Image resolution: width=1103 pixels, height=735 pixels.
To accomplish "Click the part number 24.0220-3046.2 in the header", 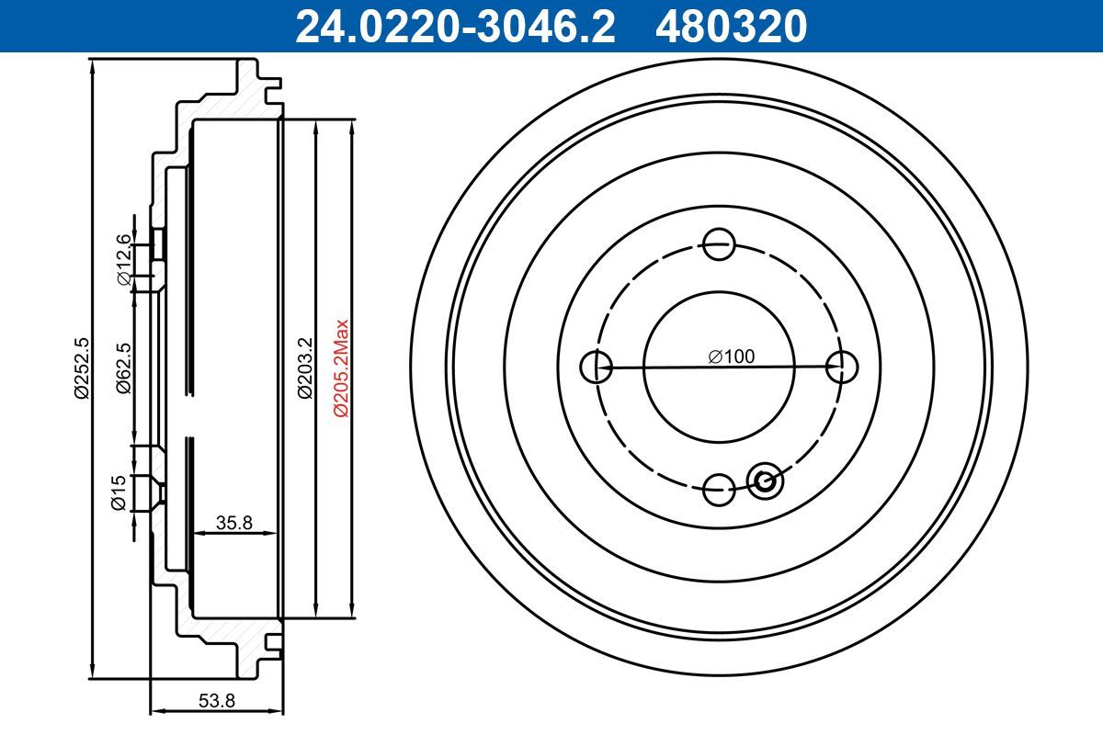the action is coord(455,27).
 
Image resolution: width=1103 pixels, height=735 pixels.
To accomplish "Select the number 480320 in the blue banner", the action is coord(732,27).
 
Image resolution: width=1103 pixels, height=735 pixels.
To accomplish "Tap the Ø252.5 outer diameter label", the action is coord(81,368).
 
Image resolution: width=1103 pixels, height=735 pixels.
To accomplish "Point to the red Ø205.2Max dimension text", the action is coord(341,368).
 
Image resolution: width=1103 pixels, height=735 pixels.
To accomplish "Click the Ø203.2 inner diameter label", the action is coord(305,368).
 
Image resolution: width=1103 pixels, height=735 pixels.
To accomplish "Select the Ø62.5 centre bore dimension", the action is coord(124,368).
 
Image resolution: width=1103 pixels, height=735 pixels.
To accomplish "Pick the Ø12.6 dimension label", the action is coord(125,259).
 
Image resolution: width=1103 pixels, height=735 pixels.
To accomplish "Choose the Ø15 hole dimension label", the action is coord(119,492).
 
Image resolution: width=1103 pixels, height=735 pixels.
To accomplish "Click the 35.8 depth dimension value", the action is coord(233,523).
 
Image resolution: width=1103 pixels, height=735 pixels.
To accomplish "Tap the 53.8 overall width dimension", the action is coord(217,700).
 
